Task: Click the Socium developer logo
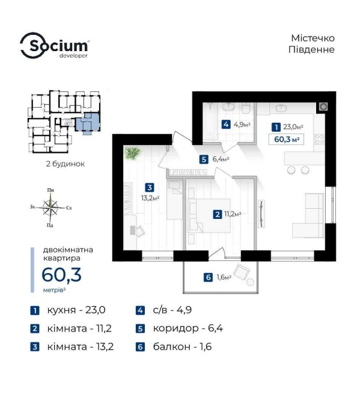coord(55,46)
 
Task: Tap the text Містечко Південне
coord(311,44)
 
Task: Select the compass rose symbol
coord(50,208)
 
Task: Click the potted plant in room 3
coord(132,153)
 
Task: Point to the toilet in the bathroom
coord(246,108)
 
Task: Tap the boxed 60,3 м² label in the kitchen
coord(286,140)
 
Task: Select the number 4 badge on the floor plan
coord(226,125)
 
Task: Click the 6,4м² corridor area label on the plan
coord(221,159)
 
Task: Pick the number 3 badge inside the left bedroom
coord(150,187)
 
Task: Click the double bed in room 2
coord(209,216)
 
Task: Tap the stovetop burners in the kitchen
coord(319,139)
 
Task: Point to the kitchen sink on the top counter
coord(281,108)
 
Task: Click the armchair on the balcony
coord(242,272)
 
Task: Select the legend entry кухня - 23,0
coord(68,310)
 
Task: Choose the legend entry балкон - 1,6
coord(174,346)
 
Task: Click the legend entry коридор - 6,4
coord(180,328)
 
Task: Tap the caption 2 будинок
coord(66,164)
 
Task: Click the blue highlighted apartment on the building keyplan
coord(88,122)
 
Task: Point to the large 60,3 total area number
coord(62,274)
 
